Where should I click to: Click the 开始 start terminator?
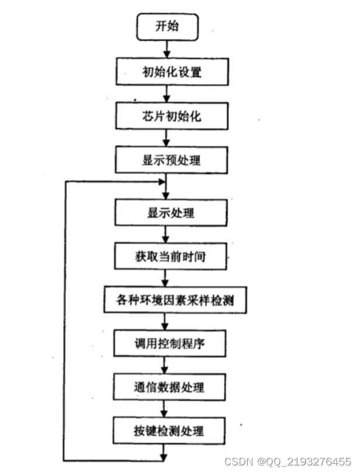[168, 27]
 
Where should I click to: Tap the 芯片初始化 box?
[168, 116]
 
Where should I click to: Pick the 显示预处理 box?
[168, 159]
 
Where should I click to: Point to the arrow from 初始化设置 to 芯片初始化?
[168, 93]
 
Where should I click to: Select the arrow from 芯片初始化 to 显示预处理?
[168, 138]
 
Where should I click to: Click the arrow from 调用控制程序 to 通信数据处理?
[168, 366]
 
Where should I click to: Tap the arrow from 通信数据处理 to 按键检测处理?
[168, 410]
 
